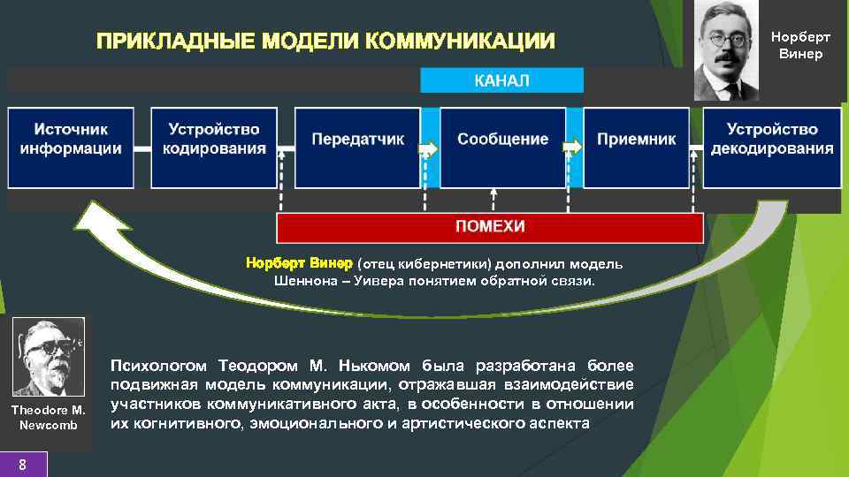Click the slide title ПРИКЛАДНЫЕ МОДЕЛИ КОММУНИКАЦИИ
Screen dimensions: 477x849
pos(326,42)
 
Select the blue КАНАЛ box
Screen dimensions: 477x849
pos(501,80)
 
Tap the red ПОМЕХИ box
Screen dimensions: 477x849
pos(490,227)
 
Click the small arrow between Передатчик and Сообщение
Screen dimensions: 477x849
pos(429,148)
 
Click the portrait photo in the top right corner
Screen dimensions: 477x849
pos(725,49)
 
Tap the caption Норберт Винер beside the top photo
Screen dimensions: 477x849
pos(800,46)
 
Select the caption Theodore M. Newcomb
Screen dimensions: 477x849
pos(49,417)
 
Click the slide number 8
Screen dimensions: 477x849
pos(23,465)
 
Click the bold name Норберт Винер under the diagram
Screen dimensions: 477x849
pos(298,264)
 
